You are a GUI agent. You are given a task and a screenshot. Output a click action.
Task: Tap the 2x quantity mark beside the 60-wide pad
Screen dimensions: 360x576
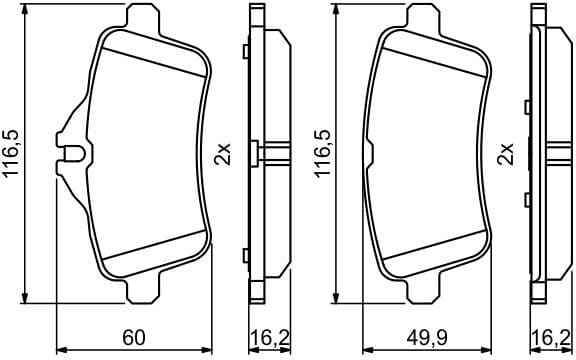pos(223,155)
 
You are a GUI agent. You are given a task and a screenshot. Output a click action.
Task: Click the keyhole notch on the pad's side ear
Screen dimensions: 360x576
pos(72,155)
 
